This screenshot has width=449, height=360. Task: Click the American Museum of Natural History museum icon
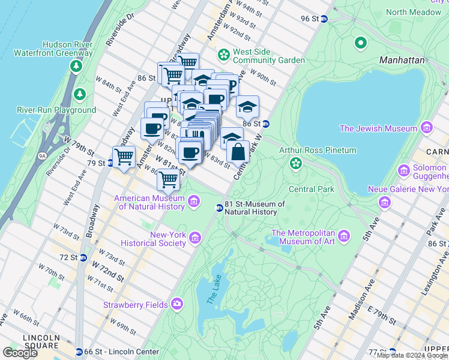(x=194, y=201)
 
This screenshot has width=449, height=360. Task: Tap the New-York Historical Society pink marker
(x=195, y=239)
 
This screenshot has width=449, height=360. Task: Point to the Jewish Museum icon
(x=427, y=128)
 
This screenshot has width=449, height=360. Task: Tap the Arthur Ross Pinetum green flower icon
(x=295, y=163)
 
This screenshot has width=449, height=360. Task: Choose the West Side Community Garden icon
(x=224, y=55)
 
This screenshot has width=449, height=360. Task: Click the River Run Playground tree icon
(x=79, y=94)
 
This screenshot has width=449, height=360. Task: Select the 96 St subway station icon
(x=324, y=19)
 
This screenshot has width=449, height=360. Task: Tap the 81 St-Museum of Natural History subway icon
(x=220, y=208)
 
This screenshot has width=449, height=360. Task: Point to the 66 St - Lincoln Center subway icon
(x=79, y=352)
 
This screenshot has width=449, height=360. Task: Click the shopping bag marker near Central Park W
(x=238, y=151)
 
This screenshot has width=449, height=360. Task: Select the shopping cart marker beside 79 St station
(x=124, y=157)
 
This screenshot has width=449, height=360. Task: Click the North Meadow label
(x=413, y=12)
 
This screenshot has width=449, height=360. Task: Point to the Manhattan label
(x=402, y=60)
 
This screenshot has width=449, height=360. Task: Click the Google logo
(x=20, y=353)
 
